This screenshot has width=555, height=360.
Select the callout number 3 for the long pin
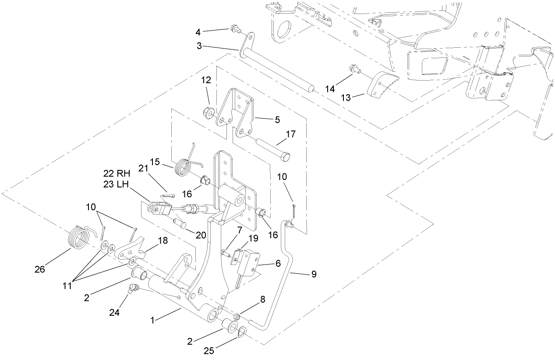[x=199, y=46]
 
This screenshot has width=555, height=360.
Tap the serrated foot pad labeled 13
[x=382, y=85]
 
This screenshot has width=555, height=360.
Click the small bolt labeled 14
[x=354, y=69]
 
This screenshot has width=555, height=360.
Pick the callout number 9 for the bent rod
[x=313, y=275]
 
